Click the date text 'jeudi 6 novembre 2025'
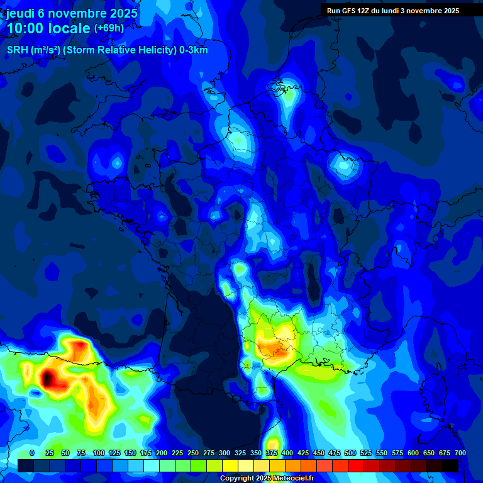(72, 13)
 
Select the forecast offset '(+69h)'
(109, 28)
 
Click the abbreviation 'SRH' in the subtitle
(18, 50)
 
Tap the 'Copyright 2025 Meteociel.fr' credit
(267, 479)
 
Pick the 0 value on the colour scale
(32, 453)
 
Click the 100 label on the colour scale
(98, 453)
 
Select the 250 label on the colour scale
(193, 453)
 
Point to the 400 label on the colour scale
(287, 453)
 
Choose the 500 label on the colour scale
(350, 453)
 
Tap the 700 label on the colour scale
(460, 453)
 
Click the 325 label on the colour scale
(240, 453)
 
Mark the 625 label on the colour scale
(429, 453)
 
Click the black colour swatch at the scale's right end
(450, 465)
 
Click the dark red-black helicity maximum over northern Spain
(48, 378)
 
